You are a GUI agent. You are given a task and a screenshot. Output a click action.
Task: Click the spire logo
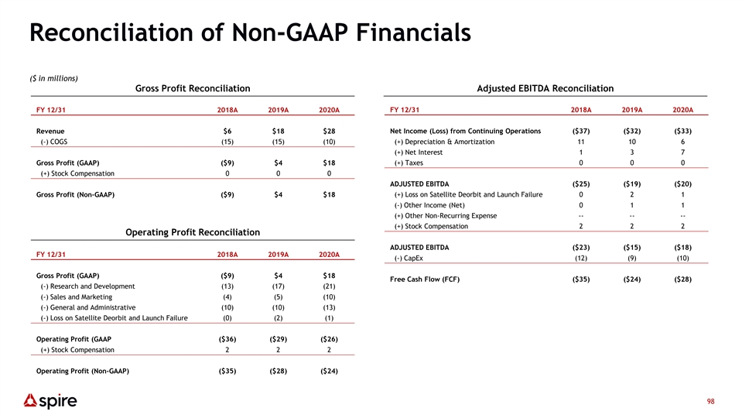coord(50,401)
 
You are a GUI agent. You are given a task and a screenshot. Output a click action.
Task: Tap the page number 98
coord(710,402)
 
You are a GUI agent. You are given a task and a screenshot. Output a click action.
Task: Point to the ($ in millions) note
coord(53,78)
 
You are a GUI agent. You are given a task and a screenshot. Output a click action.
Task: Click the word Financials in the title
coord(413,33)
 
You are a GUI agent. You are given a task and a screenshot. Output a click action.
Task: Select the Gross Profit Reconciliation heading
coord(193,88)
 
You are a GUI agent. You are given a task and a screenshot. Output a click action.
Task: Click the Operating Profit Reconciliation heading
coord(193,232)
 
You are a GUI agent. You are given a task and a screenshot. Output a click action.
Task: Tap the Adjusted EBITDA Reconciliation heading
coord(545,88)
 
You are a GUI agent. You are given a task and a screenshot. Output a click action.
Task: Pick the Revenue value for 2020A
coord(329,131)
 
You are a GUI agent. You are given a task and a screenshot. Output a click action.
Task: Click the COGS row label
coord(54,142)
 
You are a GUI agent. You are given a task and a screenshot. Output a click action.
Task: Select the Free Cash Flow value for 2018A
coord(581,279)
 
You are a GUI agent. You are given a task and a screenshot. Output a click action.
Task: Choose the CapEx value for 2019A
coord(631,258)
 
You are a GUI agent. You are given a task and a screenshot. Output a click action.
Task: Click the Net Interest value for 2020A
coord(683,152)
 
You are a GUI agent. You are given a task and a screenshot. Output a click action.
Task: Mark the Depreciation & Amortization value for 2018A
coord(581,142)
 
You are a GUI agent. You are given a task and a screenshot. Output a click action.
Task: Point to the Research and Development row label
coord(87,286)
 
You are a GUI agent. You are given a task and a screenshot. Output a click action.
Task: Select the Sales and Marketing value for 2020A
coord(329,296)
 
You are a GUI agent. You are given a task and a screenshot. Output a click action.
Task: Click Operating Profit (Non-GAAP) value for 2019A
coord(279,371)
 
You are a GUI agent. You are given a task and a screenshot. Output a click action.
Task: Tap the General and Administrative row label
coord(88,307)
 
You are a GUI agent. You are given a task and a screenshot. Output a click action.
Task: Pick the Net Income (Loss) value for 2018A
coord(581,131)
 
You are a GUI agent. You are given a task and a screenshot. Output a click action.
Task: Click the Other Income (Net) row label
coord(429,205)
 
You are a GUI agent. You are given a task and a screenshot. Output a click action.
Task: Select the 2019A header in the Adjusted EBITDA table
coord(631,110)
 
